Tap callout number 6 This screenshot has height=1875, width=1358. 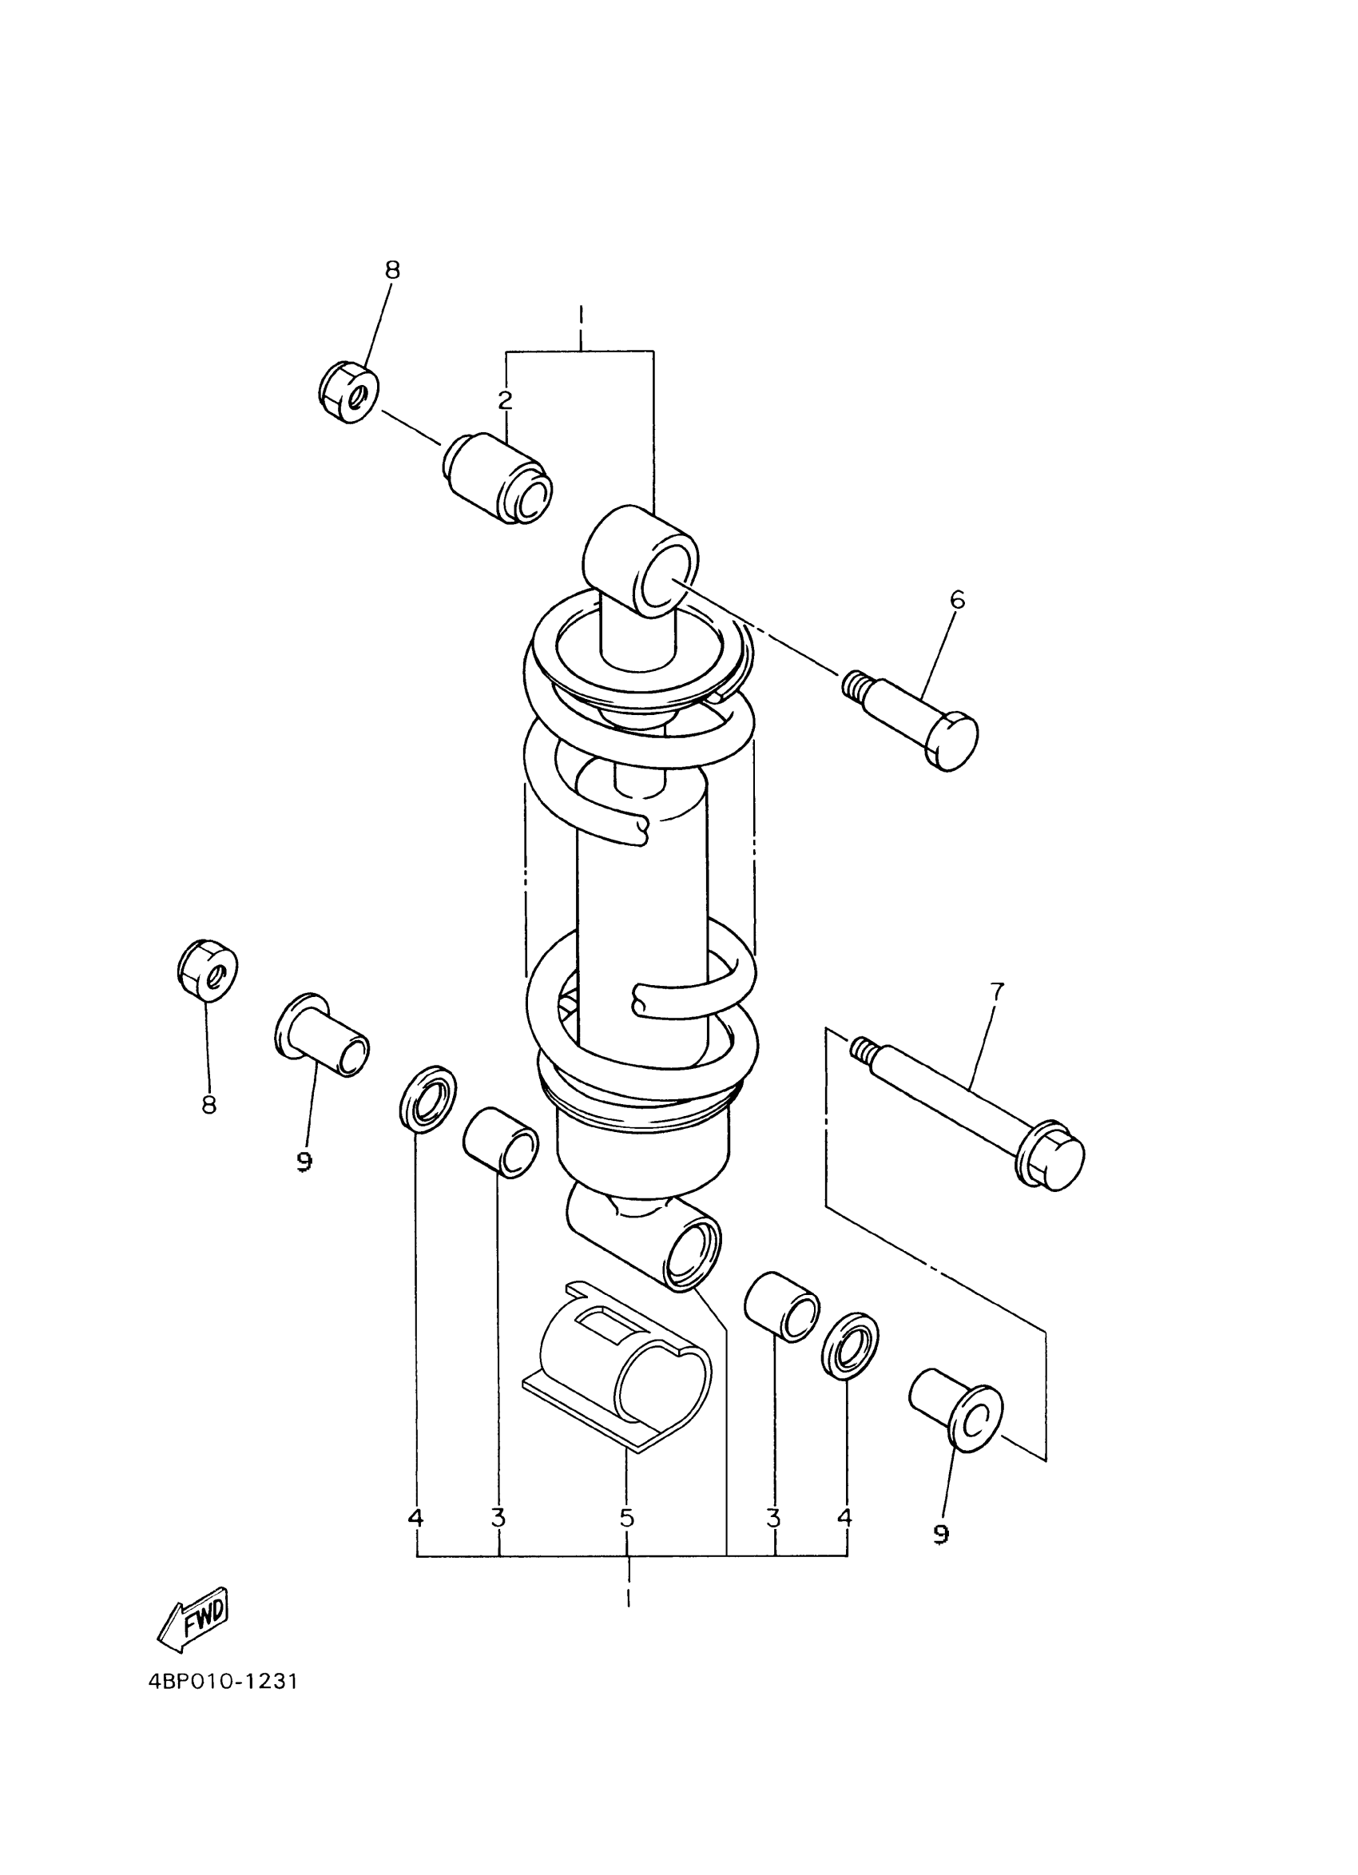click(956, 599)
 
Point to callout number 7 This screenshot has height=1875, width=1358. click(996, 991)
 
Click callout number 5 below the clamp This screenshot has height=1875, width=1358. click(626, 1518)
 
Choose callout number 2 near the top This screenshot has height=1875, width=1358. click(505, 401)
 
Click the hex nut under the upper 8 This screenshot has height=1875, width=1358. click(348, 393)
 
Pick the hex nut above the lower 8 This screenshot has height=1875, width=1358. click(208, 970)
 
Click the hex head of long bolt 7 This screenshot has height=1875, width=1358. click(1052, 1155)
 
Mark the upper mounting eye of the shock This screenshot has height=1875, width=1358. click(641, 562)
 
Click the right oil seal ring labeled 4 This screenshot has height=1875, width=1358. click(850, 1345)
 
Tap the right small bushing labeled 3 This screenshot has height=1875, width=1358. click(781, 1306)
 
